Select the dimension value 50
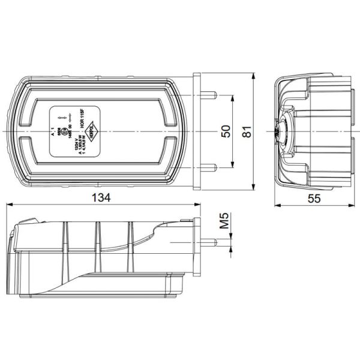pyautogui.click(x=226, y=131)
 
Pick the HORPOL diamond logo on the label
pyautogui.click(x=92, y=131)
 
